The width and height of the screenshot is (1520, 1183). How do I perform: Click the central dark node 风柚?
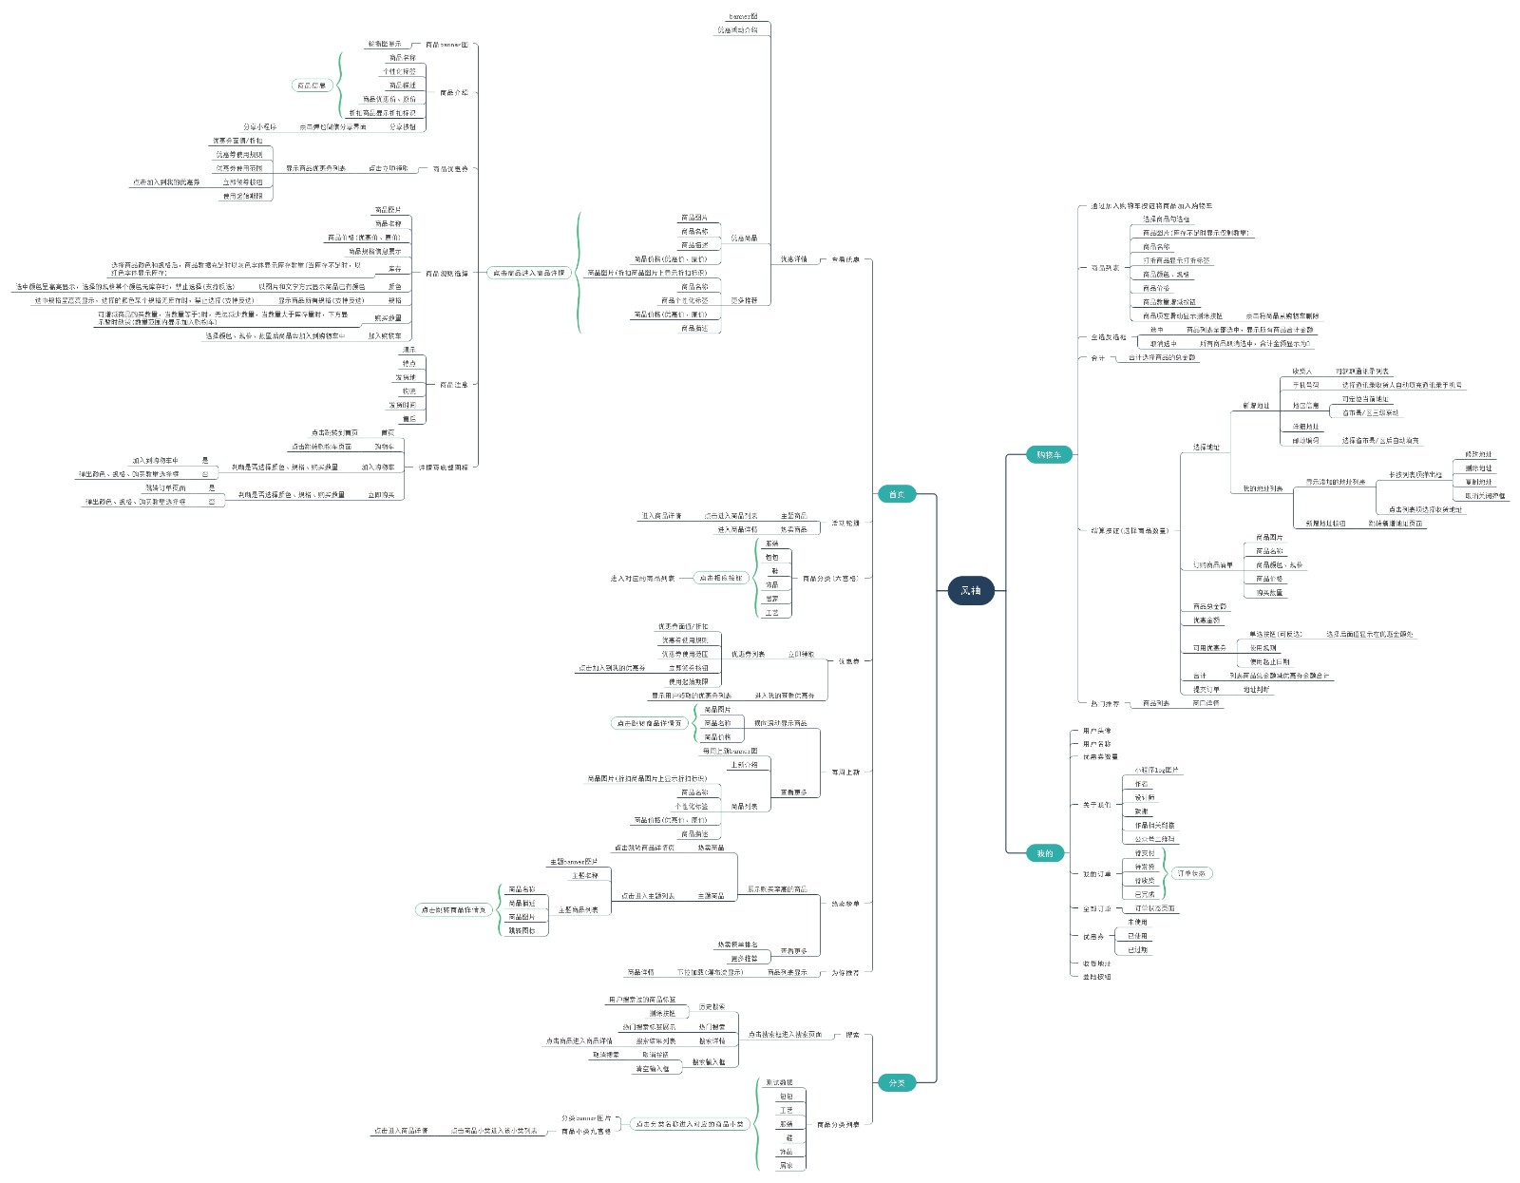pos(970,590)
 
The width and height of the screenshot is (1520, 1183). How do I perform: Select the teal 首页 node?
pos(896,494)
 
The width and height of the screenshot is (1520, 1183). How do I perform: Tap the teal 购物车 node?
pos(1048,455)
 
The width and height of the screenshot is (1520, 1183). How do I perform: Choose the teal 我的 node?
pos(1044,853)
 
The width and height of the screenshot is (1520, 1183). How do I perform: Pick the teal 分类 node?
pos(896,1082)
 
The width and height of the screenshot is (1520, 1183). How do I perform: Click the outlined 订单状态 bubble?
pos(1191,873)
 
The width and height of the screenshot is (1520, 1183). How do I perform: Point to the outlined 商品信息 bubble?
pos(311,86)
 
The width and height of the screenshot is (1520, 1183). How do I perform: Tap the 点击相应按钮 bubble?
pos(720,578)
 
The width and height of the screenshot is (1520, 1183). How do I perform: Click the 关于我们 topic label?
pos(1096,805)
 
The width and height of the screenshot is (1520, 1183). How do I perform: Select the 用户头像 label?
pos(1096,731)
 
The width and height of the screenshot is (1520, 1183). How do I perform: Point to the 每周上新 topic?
pos(845,772)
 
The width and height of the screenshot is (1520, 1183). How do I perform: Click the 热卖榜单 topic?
pos(845,904)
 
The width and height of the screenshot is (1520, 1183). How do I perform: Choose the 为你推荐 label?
pos(845,972)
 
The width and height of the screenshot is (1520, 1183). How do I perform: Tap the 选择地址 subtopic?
pos(1206,447)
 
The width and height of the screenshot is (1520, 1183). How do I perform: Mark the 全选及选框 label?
pos(1108,337)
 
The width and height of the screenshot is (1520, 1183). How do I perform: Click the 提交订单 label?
pos(1206,689)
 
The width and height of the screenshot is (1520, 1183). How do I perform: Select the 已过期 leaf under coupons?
pos(1137,950)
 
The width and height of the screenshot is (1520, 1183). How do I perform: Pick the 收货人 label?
pos(1301,372)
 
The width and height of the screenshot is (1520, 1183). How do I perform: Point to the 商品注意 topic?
pos(453,385)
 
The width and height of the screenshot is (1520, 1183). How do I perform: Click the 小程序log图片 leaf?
pos(1156,770)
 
